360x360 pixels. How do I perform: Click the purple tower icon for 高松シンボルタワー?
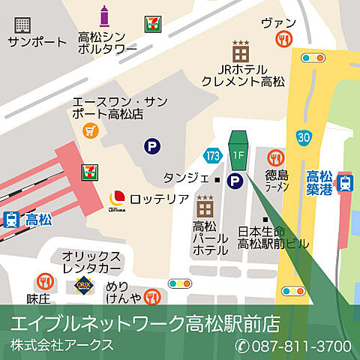104,16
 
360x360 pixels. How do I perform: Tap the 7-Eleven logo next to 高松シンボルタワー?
152,22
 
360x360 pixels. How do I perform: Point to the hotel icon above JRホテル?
241,52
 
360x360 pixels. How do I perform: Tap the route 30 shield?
303,136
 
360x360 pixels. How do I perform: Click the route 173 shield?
212,155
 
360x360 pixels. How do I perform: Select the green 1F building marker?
238,149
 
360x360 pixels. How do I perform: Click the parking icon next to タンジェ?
235,180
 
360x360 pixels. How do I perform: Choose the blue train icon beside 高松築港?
345,182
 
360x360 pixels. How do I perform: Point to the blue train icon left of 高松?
11,220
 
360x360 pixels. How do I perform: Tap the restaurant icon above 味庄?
45,282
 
